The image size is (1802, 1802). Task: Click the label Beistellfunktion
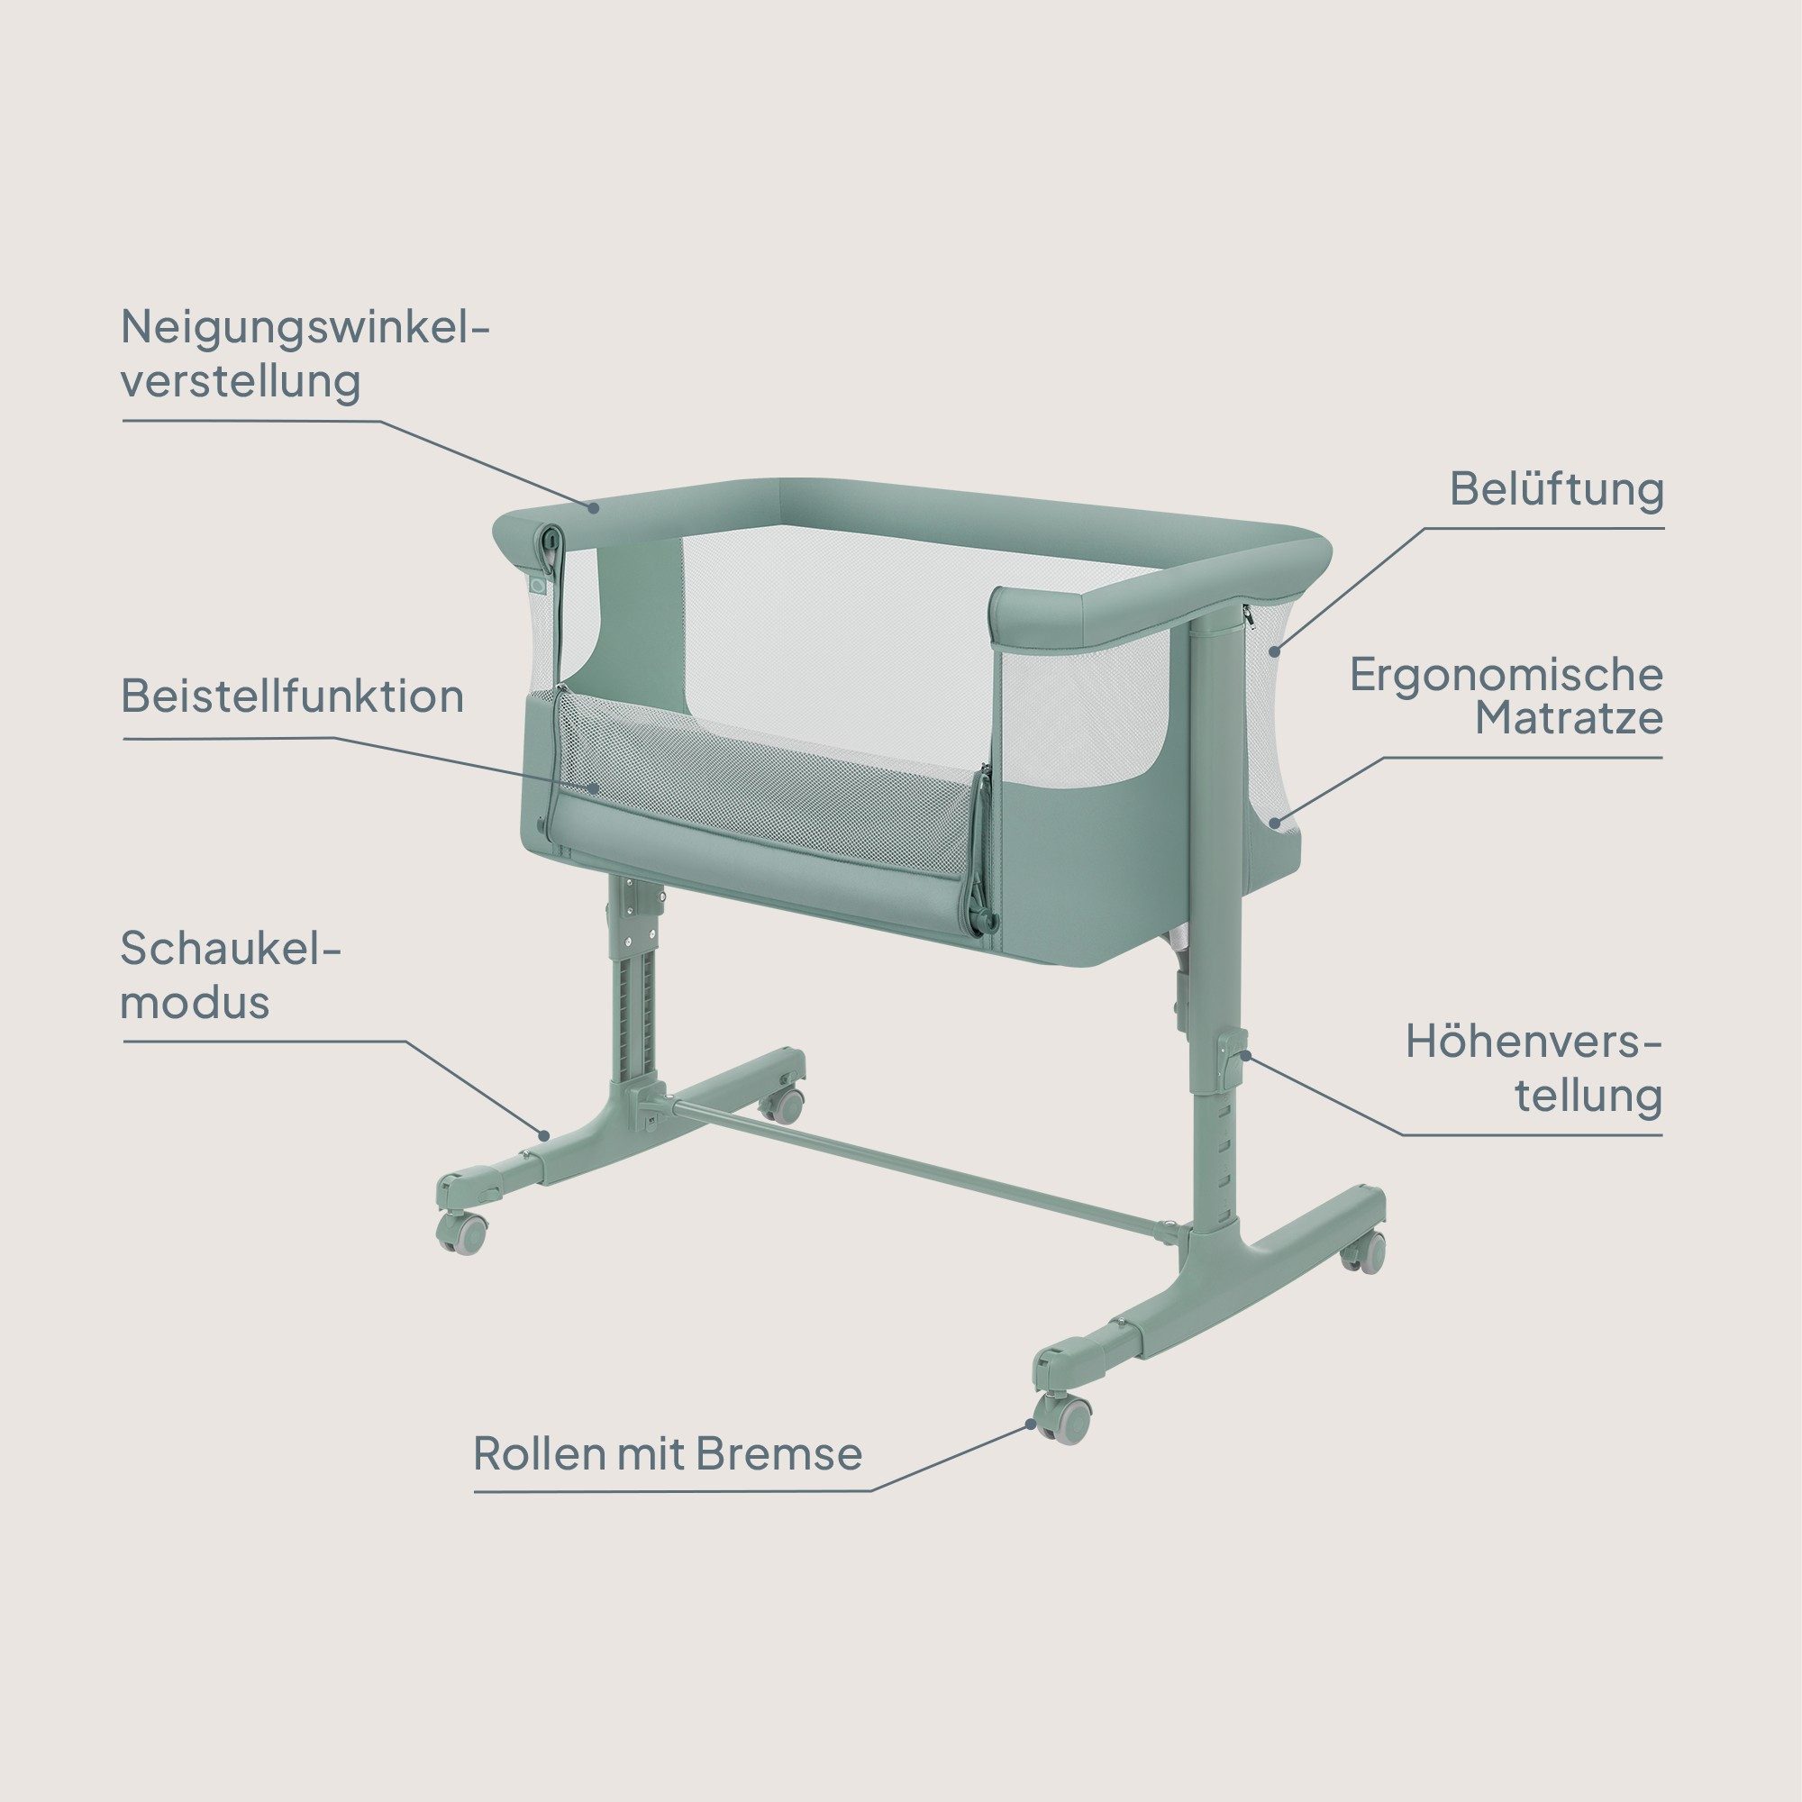(292, 697)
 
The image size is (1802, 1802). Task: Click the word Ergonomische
(1506, 675)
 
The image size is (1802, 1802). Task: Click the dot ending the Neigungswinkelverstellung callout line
(593, 507)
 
